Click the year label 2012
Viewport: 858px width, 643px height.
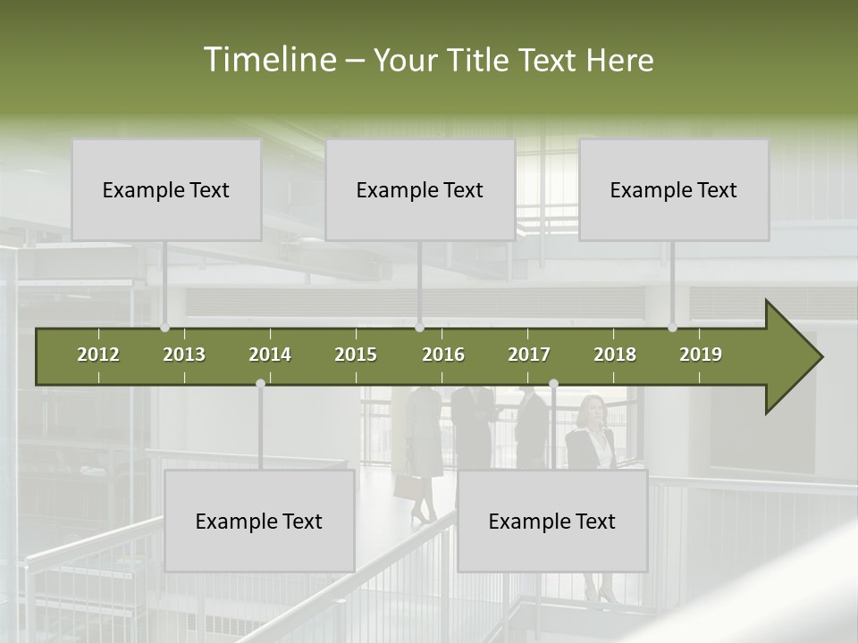click(x=98, y=355)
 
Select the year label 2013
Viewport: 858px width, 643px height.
click(x=184, y=355)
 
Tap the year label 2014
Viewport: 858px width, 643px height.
click(x=270, y=355)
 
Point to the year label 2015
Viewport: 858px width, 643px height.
click(x=356, y=355)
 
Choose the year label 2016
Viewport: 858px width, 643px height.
click(x=443, y=355)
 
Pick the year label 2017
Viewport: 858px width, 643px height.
click(x=529, y=355)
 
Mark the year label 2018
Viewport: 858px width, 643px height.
click(x=615, y=355)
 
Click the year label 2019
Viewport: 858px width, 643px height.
click(x=701, y=355)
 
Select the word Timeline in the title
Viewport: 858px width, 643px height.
click(x=268, y=60)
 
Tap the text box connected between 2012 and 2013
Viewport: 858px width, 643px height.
click(x=166, y=189)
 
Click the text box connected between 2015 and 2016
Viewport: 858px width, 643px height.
click(x=420, y=189)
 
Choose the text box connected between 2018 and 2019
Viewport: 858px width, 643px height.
click(x=674, y=189)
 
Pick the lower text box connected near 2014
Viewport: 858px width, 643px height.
click(x=259, y=521)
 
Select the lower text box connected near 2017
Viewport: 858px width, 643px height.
click(x=552, y=521)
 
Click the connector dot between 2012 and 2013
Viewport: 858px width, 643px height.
click(x=164, y=328)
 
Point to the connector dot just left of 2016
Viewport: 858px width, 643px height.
click(x=420, y=328)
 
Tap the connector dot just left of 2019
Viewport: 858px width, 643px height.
click(x=673, y=328)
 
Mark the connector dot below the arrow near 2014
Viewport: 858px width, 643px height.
click(x=260, y=384)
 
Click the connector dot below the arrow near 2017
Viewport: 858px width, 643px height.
click(x=553, y=384)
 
